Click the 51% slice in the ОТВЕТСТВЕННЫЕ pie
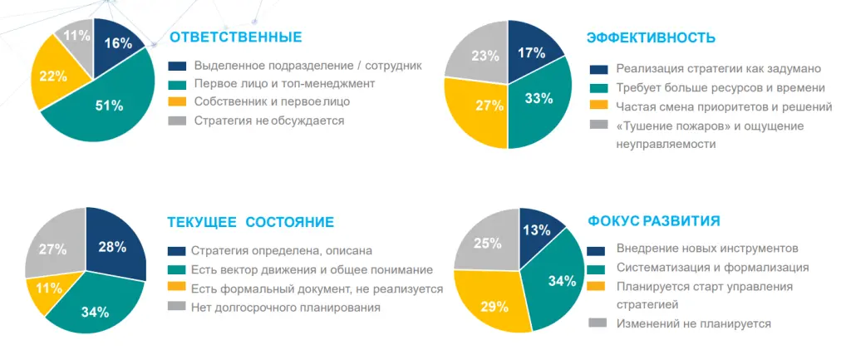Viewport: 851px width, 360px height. click(x=109, y=106)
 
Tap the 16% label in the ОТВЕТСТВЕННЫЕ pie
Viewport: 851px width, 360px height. click(x=118, y=43)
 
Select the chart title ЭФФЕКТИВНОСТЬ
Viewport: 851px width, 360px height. click(x=651, y=37)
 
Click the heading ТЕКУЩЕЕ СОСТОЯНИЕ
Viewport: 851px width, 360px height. click(x=250, y=222)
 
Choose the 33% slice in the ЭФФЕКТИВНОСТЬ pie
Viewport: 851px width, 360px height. click(x=539, y=99)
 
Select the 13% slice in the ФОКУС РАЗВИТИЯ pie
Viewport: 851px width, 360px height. click(x=538, y=229)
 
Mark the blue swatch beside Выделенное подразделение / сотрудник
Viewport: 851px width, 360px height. click(x=176, y=66)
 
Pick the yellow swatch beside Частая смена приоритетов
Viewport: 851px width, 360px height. click(x=598, y=106)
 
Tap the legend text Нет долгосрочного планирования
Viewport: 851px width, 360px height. click(x=285, y=307)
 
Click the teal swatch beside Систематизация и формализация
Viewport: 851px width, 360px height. click(x=596, y=268)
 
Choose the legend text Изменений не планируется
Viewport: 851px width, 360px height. click(x=693, y=323)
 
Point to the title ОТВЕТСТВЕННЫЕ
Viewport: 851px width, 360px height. click(x=235, y=37)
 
